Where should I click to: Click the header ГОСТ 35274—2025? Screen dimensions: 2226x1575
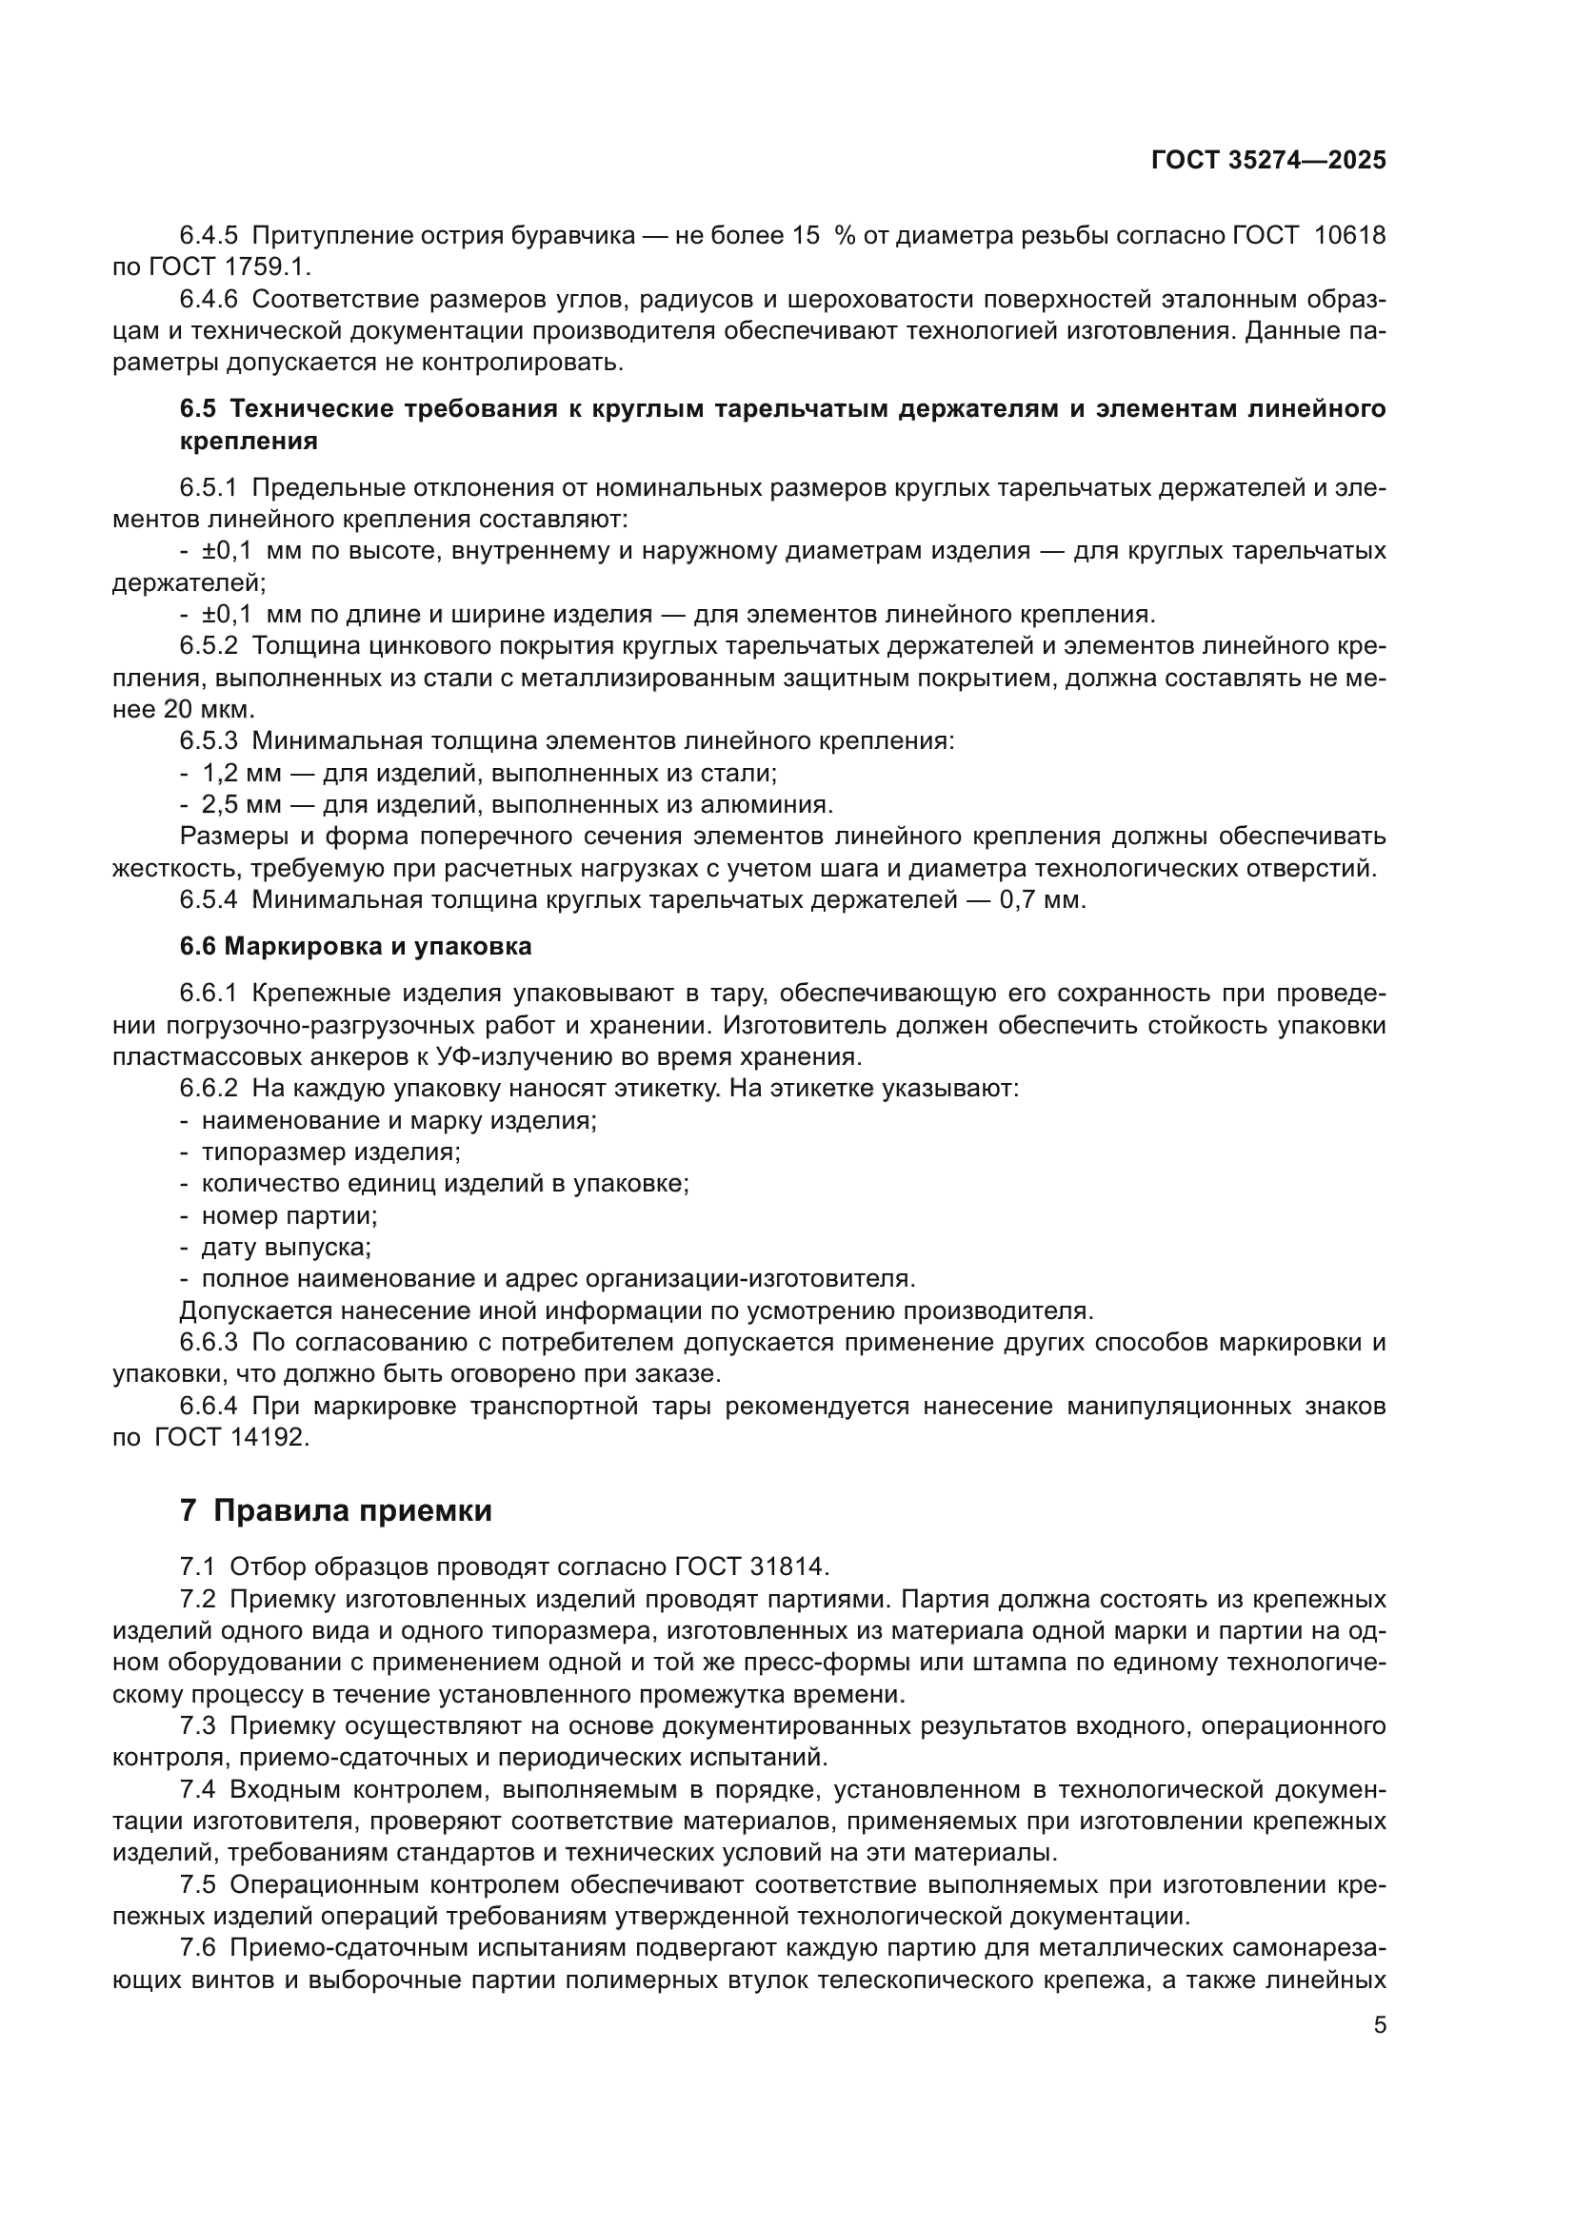(1267, 160)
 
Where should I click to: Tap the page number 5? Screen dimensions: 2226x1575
(1380, 2024)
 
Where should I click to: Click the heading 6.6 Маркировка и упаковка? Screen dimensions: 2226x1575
(355, 946)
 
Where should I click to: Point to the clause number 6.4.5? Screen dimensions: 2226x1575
(209, 236)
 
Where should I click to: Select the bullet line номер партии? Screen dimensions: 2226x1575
(289, 1214)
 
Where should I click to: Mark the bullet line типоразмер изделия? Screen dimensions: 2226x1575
(329, 1152)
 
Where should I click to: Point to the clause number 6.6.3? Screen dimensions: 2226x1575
(209, 1343)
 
